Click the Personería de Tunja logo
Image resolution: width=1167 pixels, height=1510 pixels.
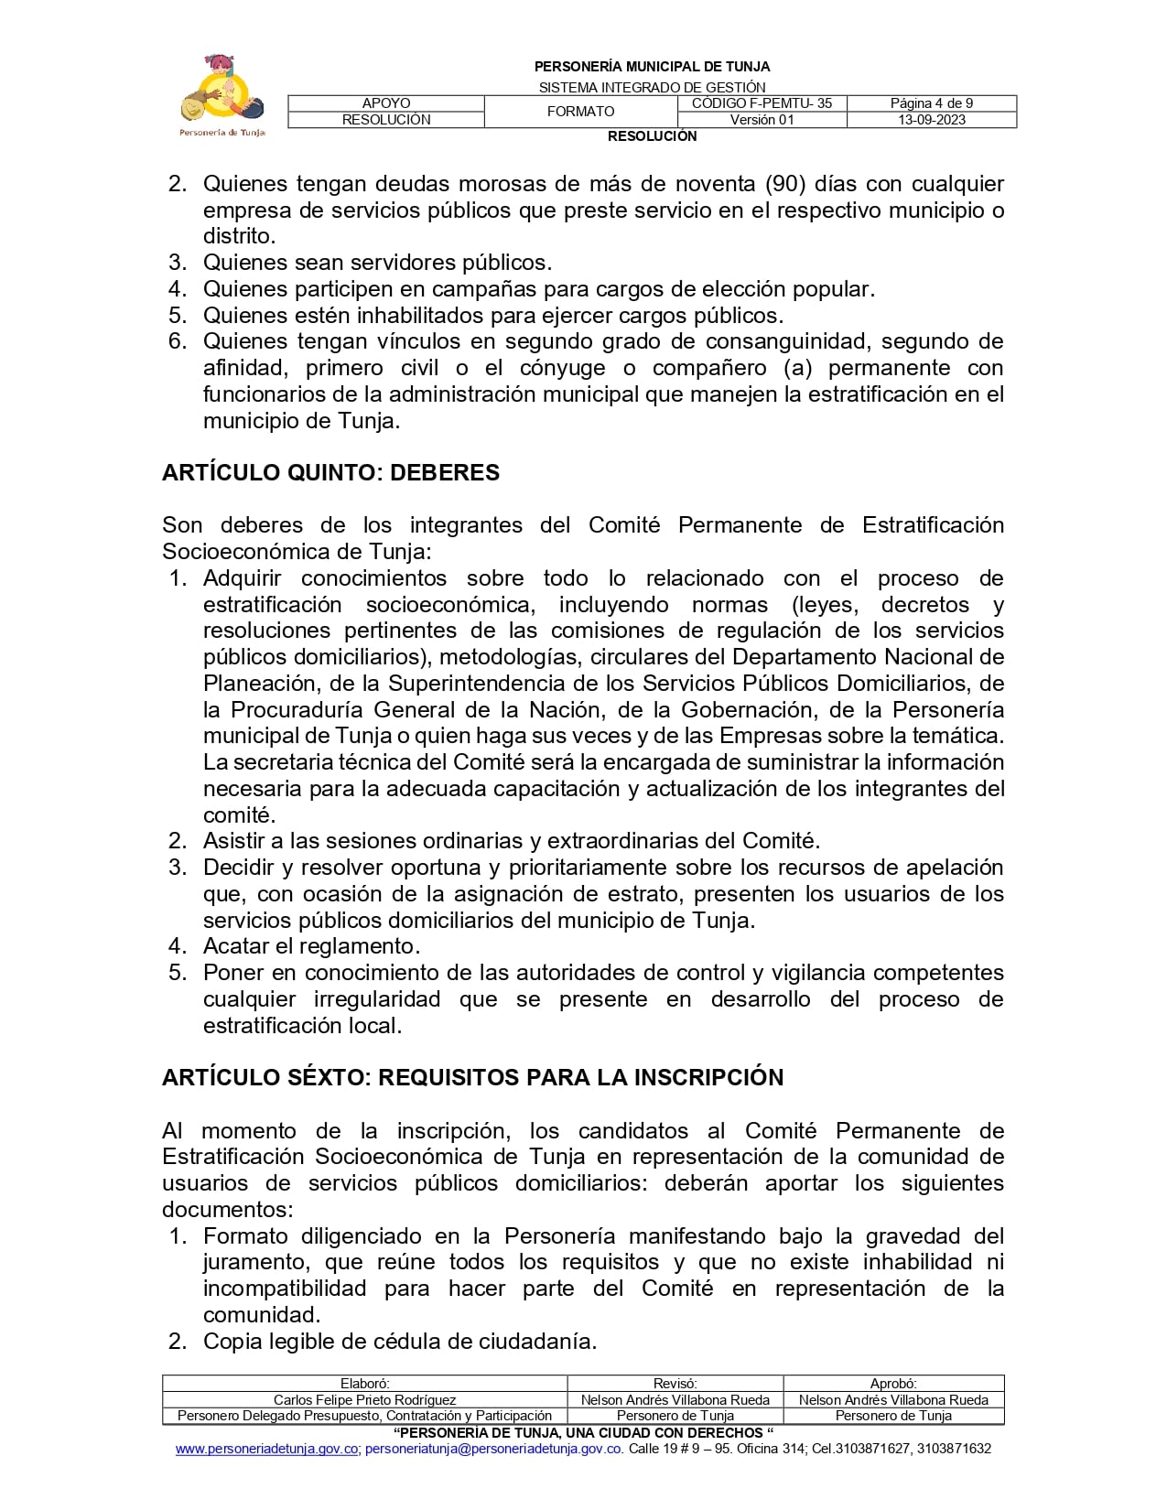pyautogui.click(x=222, y=95)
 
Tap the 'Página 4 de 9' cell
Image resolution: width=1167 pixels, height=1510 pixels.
pyautogui.click(x=931, y=103)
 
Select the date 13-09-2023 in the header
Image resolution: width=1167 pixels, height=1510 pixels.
pyautogui.click(x=931, y=120)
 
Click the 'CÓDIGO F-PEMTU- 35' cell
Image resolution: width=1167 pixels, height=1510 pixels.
pyautogui.click(x=762, y=103)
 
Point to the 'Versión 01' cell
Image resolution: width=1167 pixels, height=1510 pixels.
pyautogui.click(x=762, y=120)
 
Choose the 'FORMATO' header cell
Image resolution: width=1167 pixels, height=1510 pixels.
pyautogui.click(x=580, y=112)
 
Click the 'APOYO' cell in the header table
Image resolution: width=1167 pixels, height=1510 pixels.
pyautogui.click(x=386, y=103)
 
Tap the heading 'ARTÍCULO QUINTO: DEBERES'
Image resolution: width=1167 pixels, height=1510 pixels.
pyautogui.click(x=330, y=473)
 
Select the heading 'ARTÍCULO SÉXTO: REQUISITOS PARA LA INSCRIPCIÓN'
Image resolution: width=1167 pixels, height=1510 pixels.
pyautogui.click(x=472, y=1077)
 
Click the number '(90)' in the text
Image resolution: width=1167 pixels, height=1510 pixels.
pyautogui.click(x=784, y=184)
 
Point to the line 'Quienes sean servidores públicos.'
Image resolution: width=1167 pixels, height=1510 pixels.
pyautogui.click(x=377, y=263)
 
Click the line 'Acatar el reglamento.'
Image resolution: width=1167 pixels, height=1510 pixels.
pyautogui.click(x=311, y=946)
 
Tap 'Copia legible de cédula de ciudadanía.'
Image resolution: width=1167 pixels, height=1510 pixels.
pyautogui.click(x=400, y=1342)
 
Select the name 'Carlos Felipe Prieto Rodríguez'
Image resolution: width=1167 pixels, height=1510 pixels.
pyautogui.click(x=364, y=1400)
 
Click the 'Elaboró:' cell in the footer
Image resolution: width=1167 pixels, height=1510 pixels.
pyautogui.click(x=364, y=1385)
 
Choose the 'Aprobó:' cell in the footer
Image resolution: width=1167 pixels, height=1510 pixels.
pyautogui.click(x=893, y=1385)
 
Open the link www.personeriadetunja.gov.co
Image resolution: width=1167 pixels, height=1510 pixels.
pyautogui.click(x=266, y=1449)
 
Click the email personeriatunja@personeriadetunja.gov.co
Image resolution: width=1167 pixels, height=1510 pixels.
pyautogui.click(x=494, y=1449)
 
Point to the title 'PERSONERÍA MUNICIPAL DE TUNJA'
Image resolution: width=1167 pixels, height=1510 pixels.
pyautogui.click(x=652, y=67)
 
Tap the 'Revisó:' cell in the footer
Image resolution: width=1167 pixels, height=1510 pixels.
pyautogui.click(x=675, y=1385)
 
